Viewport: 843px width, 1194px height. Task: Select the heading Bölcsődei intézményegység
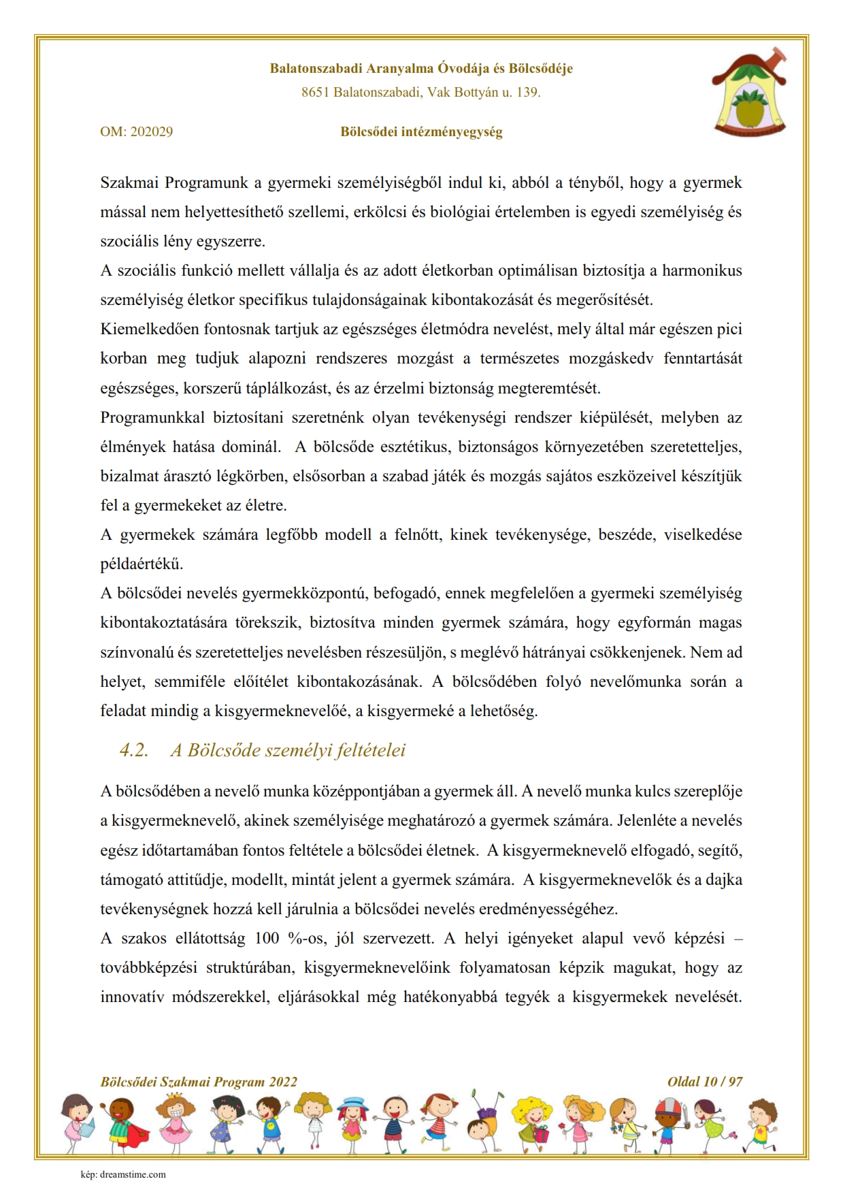[421, 131]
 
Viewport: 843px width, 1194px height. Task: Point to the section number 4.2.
[134, 750]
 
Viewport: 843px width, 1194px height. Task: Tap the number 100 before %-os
[267, 938]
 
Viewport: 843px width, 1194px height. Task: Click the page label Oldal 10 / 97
[705, 1082]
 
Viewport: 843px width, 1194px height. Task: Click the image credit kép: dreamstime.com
[123, 1174]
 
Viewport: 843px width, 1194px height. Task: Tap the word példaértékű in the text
[142, 564]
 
